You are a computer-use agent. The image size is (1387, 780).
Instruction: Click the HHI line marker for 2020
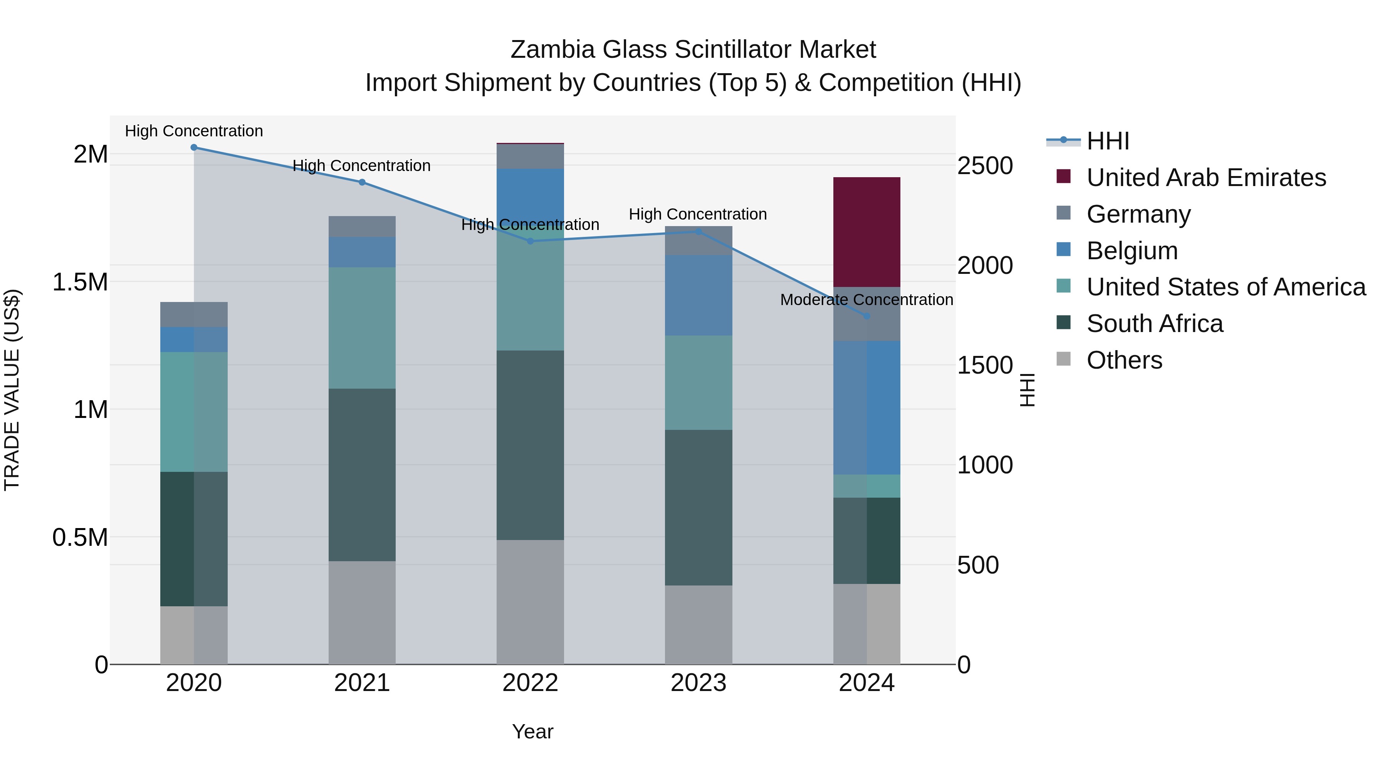[x=194, y=148]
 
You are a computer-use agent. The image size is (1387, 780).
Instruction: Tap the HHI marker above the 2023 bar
[x=699, y=232]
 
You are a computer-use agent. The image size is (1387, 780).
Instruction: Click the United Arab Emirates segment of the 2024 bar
[x=867, y=232]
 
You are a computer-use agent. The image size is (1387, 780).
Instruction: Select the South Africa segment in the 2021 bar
[x=362, y=475]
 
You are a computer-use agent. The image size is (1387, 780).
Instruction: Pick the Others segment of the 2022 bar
[x=530, y=602]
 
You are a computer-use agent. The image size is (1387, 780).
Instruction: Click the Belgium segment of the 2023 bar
[x=699, y=295]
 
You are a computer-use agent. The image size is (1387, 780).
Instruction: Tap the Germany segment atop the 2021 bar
[x=362, y=226]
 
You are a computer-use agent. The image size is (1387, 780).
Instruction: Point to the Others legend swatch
[x=1063, y=359]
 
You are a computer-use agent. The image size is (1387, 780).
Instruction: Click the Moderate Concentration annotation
[x=866, y=300]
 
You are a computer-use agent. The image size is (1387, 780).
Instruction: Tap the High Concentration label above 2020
[x=194, y=131]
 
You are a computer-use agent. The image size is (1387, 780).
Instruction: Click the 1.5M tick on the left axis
[x=80, y=282]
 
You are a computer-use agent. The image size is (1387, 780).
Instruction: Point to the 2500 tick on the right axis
[x=985, y=166]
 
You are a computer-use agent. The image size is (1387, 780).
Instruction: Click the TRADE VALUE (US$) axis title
[x=12, y=390]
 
